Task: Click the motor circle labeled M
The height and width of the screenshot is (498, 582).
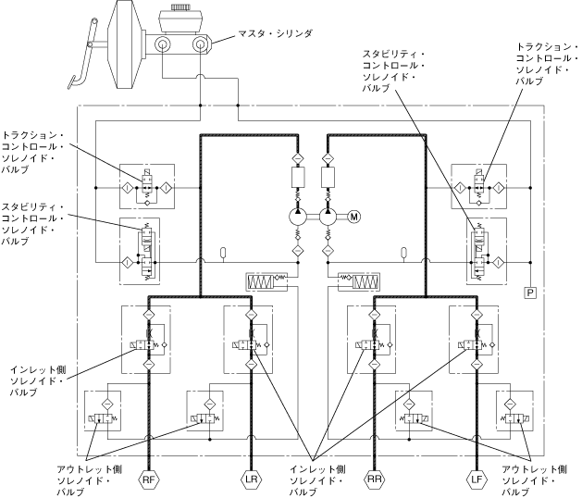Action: click(354, 217)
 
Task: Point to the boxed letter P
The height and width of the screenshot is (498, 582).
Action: click(531, 293)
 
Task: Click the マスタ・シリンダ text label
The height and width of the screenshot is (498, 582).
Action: click(279, 33)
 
